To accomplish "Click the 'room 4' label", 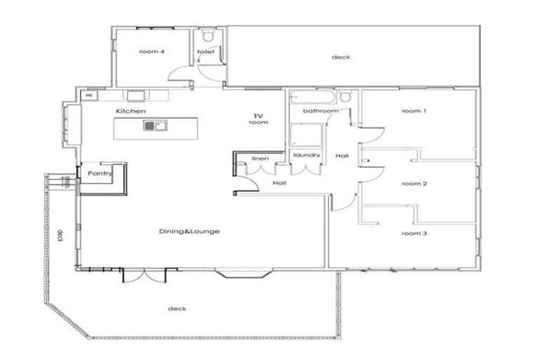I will coord(152,51).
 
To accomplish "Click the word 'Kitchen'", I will coord(131,112).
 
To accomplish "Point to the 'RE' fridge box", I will coord(89,96).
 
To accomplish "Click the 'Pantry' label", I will coord(100,174).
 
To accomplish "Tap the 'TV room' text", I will coord(259,119).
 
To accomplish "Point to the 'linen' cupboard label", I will coord(259,159).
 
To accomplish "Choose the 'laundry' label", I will coord(307,155).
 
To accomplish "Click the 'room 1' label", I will coord(413,111).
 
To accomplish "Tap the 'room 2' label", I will coord(413,184).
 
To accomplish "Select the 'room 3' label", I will coord(413,233).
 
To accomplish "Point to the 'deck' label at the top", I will coord(341,57).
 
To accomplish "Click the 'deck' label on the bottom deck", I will coord(176,309).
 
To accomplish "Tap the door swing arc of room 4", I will coord(184,76).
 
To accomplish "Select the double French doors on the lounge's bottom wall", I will coord(146,274).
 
